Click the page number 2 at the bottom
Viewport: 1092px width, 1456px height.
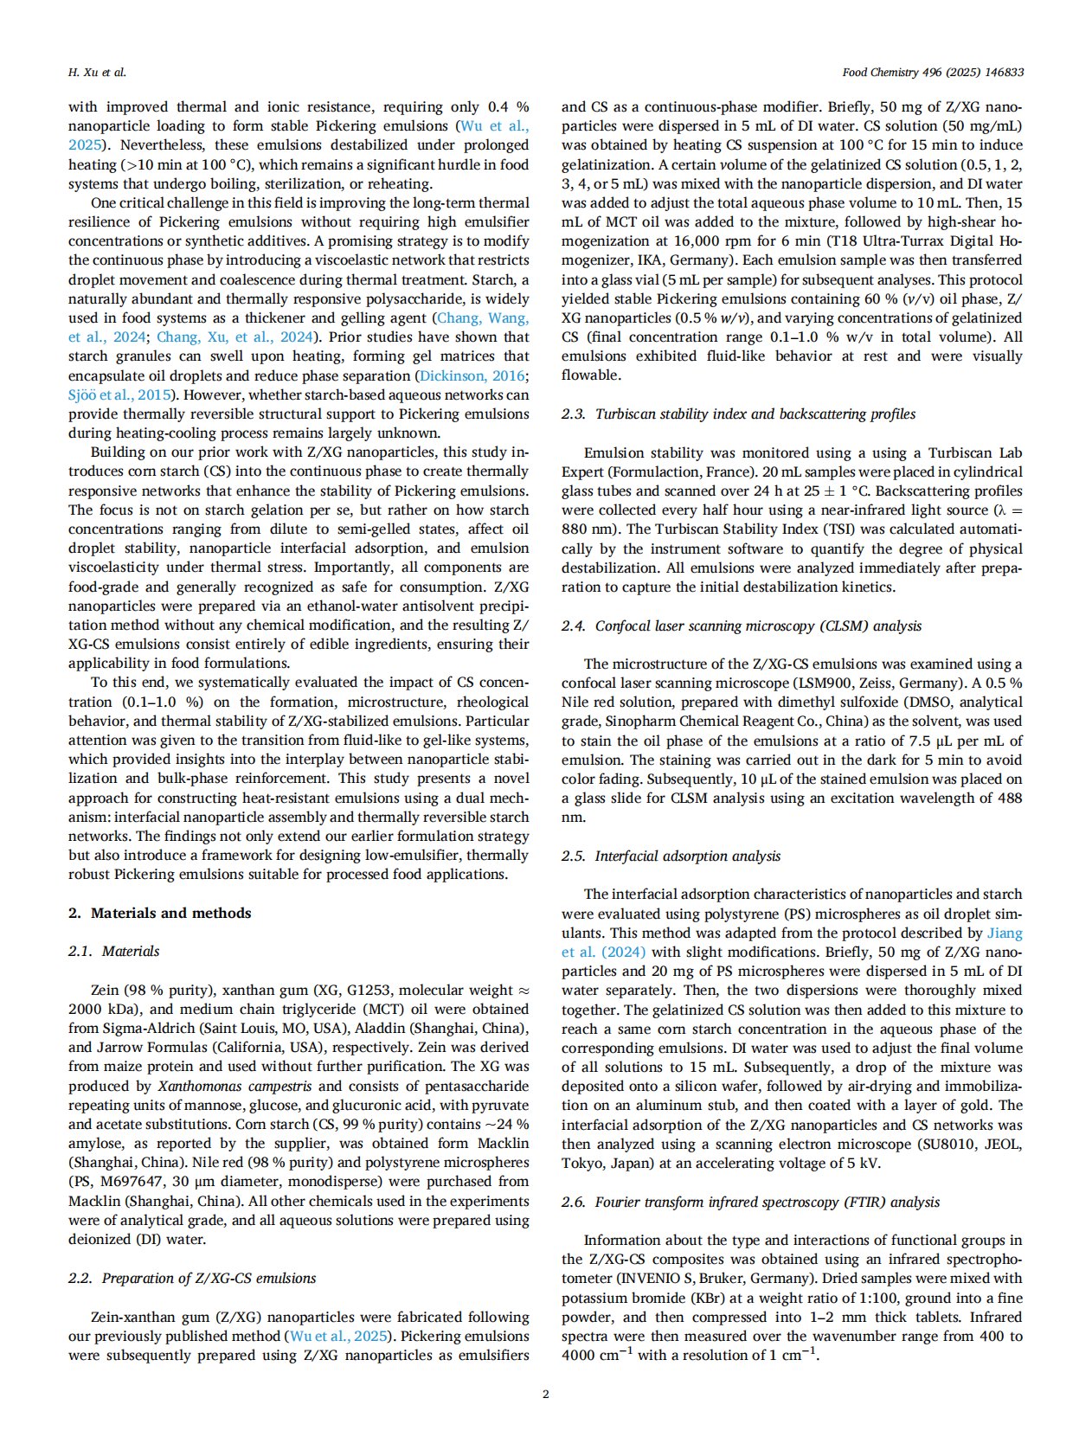(545, 1393)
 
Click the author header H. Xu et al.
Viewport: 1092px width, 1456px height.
(97, 72)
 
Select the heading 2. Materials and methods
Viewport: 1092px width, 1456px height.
(160, 913)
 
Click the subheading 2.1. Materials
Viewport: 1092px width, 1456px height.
(114, 951)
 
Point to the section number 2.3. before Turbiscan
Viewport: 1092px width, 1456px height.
(574, 414)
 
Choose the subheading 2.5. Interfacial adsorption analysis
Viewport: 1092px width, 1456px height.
(671, 856)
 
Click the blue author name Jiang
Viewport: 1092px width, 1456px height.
(1005, 933)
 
